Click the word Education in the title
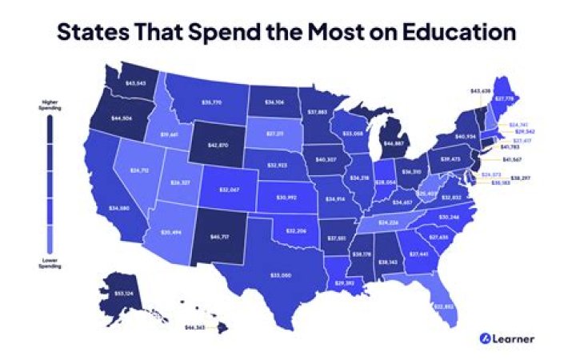453,33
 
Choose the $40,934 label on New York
466,137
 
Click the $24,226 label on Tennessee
389,222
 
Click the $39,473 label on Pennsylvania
451,159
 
